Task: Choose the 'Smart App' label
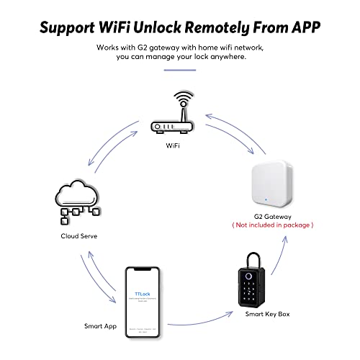[x=99, y=325]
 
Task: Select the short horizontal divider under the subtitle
[x=180, y=70]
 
